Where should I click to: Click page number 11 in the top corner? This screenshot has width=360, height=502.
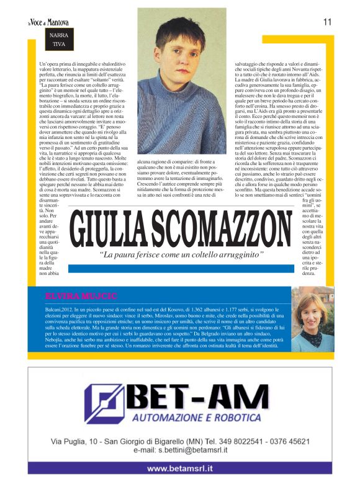327,22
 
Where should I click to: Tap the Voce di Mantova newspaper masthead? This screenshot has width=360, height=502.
48,23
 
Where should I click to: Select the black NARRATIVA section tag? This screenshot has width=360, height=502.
58,40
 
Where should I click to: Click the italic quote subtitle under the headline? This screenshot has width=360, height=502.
182,255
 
